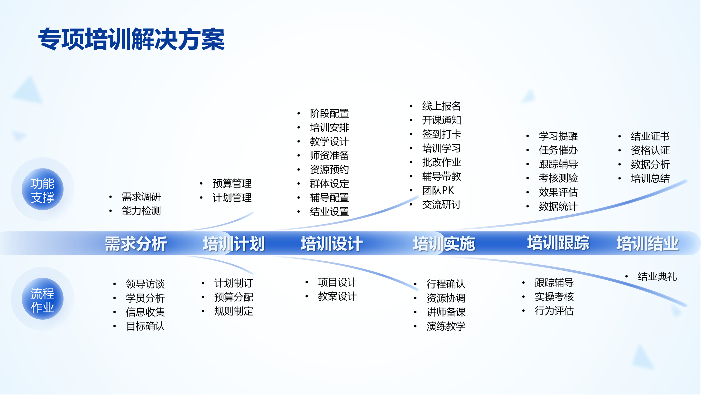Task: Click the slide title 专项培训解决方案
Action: (x=131, y=39)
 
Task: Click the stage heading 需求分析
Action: (x=136, y=243)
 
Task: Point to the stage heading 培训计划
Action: (x=233, y=243)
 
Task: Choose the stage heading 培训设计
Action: (x=332, y=243)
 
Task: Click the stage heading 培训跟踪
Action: (x=558, y=242)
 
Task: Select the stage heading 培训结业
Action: (x=647, y=243)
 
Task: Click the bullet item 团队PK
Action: (x=438, y=190)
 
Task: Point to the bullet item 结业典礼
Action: (x=657, y=276)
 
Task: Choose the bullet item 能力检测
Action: (x=141, y=211)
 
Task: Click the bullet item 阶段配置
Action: (x=329, y=113)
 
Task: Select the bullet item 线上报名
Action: (x=441, y=106)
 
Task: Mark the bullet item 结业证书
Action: (x=650, y=136)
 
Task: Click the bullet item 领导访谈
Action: (x=145, y=284)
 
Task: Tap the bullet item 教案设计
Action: (x=337, y=296)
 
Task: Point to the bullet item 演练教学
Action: (x=446, y=326)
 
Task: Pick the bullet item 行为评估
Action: (x=554, y=311)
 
